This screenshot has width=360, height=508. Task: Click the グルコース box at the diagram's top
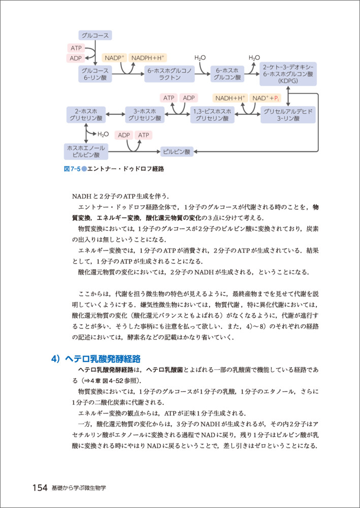95,36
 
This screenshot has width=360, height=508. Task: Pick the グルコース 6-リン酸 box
95,74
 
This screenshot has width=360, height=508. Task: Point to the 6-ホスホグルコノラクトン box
170,74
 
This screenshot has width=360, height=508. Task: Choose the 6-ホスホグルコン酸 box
227,74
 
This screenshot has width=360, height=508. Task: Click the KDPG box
288,74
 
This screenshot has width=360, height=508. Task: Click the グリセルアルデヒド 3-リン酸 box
288,114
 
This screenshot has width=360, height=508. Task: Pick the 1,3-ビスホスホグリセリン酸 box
213,114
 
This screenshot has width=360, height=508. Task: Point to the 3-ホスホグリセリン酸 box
145,114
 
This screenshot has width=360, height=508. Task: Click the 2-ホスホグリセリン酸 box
86,114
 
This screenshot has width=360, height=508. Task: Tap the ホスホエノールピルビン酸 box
86,151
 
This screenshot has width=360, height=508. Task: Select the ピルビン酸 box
176,151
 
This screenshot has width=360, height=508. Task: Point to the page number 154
40,487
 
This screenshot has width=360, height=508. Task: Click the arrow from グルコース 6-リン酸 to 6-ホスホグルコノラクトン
127,74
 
